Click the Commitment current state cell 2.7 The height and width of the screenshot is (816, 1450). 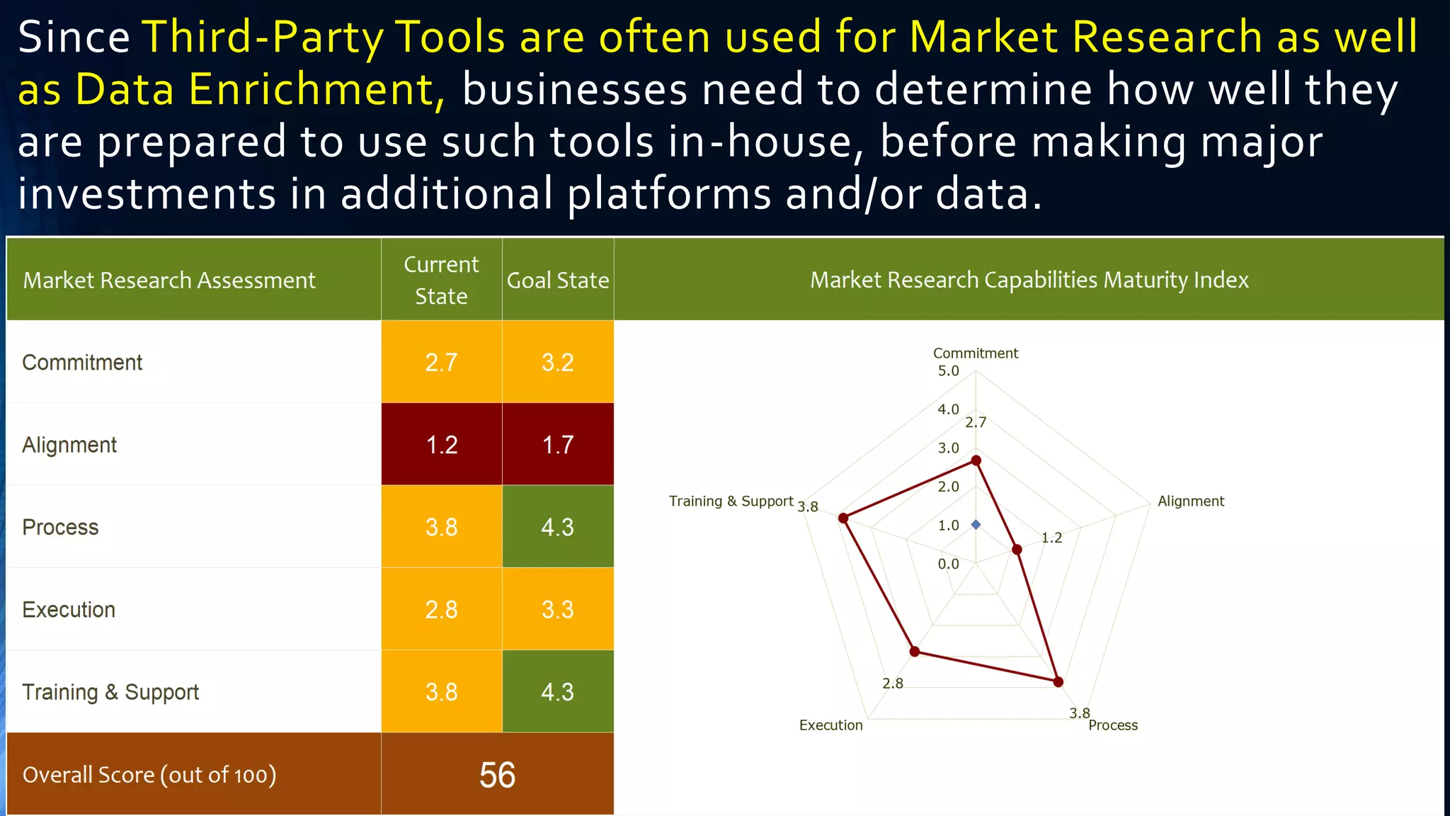[x=441, y=362]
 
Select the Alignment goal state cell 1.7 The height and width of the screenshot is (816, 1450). [x=557, y=445]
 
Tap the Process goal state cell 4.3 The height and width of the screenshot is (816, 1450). [x=557, y=527]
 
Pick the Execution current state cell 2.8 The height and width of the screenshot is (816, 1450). [x=441, y=609]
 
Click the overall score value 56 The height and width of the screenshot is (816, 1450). [x=497, y=775]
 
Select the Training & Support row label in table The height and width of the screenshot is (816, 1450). [x=110, y=692]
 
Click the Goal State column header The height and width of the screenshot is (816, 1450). [x=558, y=280]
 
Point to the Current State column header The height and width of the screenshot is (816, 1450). [x=441, y=280]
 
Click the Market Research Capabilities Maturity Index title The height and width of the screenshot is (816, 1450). [x=1029, y=280]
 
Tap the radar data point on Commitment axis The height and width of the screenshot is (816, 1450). [x=976, y=460]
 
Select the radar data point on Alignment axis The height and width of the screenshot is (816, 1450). [x=1017, y=549]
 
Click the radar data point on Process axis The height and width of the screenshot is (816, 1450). [x=1058, y=682]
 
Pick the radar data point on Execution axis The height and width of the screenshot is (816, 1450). [x=914, y=651]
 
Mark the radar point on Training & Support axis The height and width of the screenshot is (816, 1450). [x=843, y=518]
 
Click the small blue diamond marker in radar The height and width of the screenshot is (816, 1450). [x=976, y=524]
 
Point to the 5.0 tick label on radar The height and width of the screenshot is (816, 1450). [x=948, y=370]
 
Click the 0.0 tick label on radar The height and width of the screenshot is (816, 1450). [x=948, y=564]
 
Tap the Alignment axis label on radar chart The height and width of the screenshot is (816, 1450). [x=1190, y=501]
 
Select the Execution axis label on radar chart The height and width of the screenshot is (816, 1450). [x=830, y=725]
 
